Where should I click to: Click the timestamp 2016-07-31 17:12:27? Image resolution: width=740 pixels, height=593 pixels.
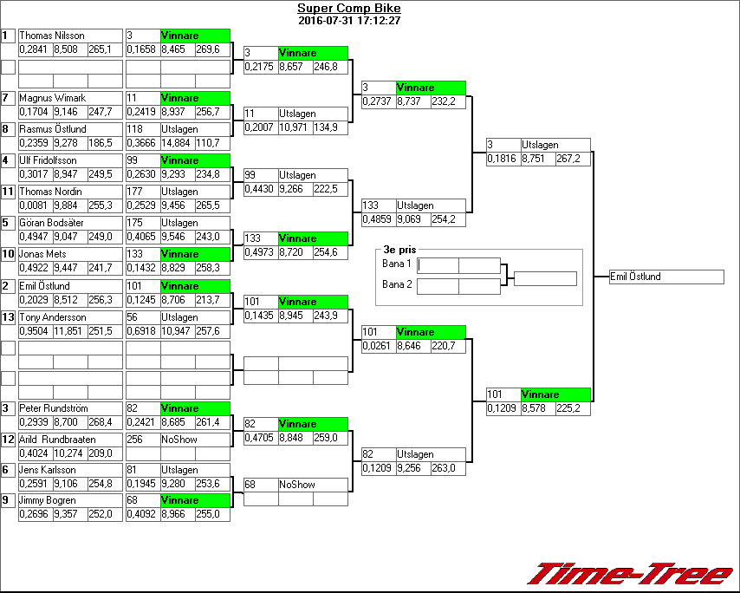[349, 20]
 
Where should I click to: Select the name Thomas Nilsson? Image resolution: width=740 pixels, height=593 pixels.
[52, 36]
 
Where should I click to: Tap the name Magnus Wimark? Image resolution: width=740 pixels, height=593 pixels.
[53, 98]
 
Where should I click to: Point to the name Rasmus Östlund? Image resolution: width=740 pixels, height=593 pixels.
[53, 129]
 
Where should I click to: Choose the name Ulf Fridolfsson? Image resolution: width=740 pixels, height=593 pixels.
[49, 160]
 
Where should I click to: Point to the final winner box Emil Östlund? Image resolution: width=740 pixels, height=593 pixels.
[665, 277]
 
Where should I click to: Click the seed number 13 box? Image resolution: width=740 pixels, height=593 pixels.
[9, 317]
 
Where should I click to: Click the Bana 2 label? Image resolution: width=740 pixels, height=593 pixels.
[396, 284]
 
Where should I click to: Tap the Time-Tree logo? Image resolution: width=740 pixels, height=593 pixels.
[631, 574]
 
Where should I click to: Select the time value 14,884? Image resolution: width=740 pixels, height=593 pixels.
[177, 142]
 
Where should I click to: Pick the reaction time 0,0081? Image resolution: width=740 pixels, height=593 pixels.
[35, 205]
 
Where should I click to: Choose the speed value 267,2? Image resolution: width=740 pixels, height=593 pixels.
[572, 159]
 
